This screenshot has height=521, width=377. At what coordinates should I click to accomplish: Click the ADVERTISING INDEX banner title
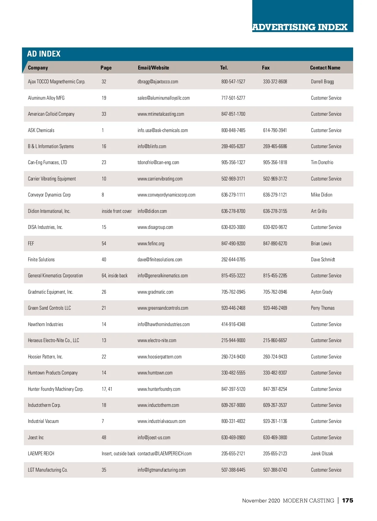[x=300, y=27]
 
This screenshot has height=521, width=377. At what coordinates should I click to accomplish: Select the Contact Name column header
[x=325, y=68]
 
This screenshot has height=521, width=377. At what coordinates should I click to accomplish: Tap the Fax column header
[x=266, y=68]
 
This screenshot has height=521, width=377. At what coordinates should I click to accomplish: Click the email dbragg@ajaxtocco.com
[x=158, y=82]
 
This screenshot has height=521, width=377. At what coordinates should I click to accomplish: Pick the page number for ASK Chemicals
[x=103, y=130]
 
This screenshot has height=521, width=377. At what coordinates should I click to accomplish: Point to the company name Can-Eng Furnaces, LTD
[x=47, y=163]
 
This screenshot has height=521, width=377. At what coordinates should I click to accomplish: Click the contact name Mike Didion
[x=321, y=195]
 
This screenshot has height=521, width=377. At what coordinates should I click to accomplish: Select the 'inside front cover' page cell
[x=117, y=211]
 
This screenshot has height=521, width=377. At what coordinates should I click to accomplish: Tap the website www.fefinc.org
[x=151, y=243]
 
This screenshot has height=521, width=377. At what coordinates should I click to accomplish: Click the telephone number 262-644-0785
[x=233, y=259]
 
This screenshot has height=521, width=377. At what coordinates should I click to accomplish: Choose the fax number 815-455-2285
[x=275, y=276]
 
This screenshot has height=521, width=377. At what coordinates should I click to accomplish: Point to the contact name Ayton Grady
[x=321, y=292]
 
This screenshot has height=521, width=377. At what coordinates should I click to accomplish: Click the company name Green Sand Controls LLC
[x=49, y=308]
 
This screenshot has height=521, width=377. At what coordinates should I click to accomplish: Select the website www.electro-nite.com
[x=157, y=341]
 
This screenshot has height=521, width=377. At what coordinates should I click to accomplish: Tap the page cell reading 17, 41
[x=107, y=389]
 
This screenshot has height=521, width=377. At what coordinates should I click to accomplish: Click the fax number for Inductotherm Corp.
[x=275, y=405]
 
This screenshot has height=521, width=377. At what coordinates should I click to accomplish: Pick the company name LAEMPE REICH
[x=41, y=454]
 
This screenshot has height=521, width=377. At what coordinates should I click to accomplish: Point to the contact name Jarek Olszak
[x=322, y=454]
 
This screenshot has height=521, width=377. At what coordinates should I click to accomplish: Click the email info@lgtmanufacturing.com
[x=161, y=470]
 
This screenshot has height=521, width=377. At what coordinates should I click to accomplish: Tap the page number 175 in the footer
[x=347, y=501]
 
